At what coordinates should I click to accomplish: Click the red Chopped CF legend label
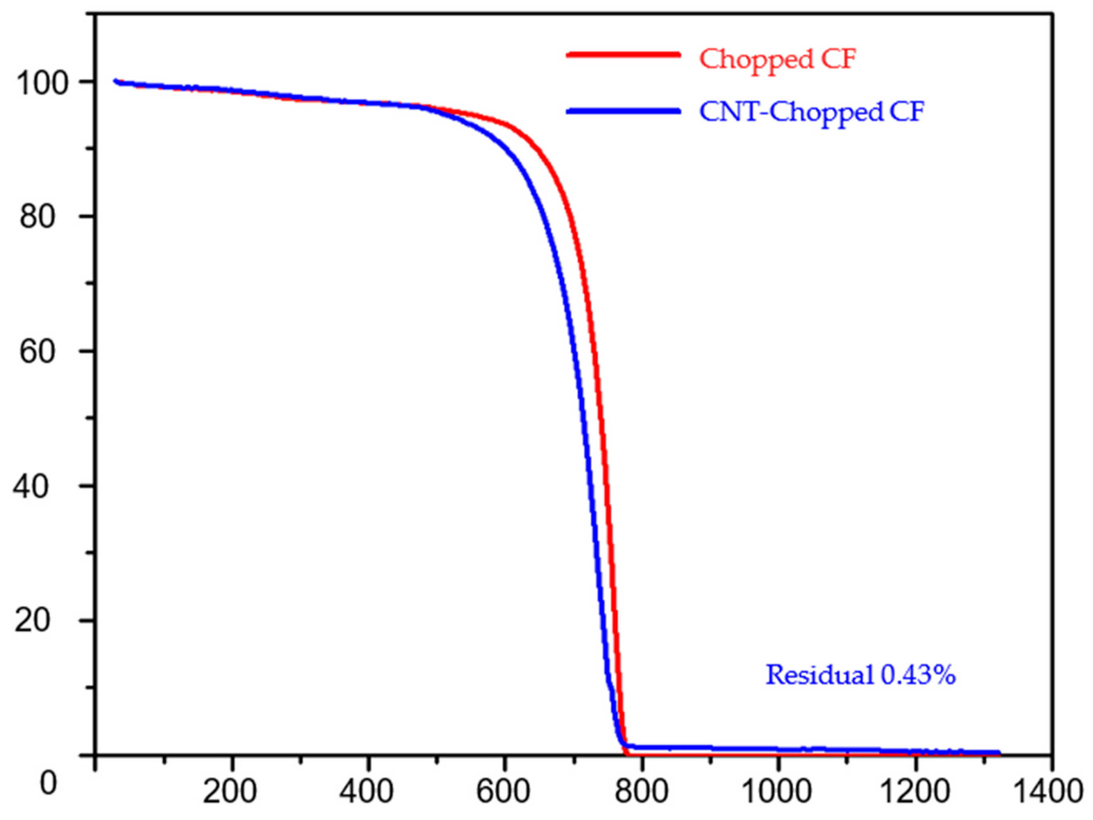(x=777, y=60)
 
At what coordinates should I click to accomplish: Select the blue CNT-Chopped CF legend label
(x=811, y=113)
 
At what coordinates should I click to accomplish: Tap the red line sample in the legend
(x=623, y=55)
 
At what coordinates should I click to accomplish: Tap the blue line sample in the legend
(x=623, y=111)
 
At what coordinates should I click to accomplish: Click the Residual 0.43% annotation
(x=860, y=675)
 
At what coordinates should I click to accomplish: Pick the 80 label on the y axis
(x=37, y=217)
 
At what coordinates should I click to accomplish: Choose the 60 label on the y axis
(x=37, y=352)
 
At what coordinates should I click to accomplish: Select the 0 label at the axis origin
(x=48, y=783)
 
